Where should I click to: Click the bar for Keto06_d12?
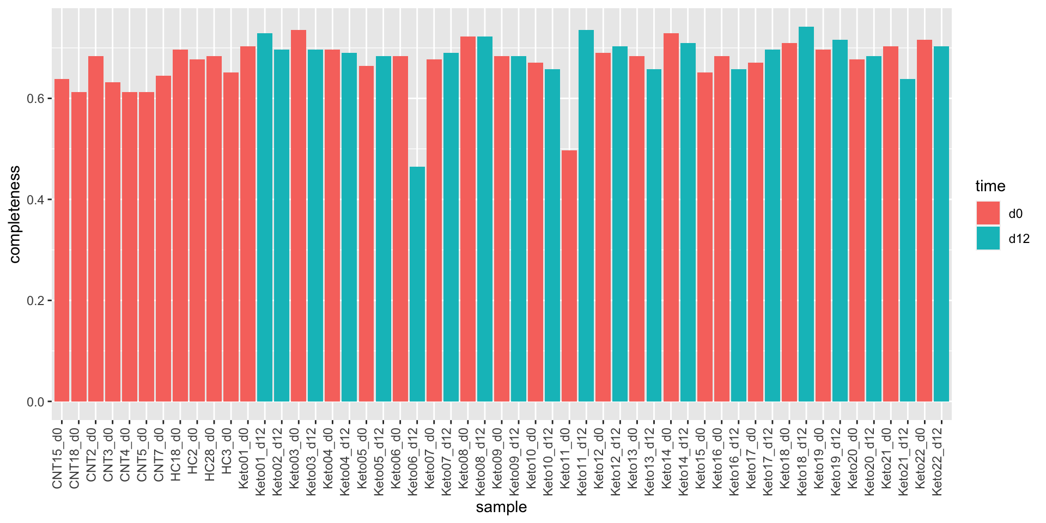pos(417,284)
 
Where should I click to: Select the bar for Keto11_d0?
pos(569,276)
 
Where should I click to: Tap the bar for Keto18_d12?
pos(806,214)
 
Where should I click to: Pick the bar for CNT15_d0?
pos(62,240)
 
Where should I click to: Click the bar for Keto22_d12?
pos(941,224)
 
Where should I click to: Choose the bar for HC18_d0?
pos(180,226)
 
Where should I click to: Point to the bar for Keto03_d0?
pos(299,216)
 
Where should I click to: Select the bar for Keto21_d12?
pos(908,240)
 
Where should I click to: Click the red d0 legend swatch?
pos(988,213)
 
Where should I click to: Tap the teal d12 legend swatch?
pos(988,239)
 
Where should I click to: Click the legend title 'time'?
pos(990,186)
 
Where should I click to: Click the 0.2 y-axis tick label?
pos(36,301)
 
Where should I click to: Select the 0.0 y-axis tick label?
pos(36,402)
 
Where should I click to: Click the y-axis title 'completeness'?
pos(15,214)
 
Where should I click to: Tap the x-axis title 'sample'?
pos(501,507)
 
